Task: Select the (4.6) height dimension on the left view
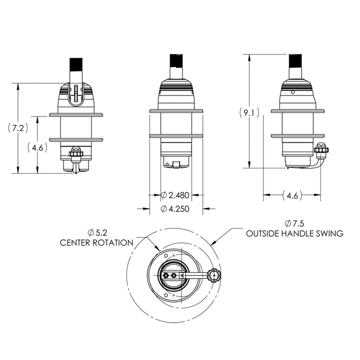[x=37, y=147]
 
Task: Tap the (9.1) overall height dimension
[x=249, y=113]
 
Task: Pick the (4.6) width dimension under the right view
[x=292, y=195]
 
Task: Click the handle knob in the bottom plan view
[x=215, y=275]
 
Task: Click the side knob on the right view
[x=321, y=149]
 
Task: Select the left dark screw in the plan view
[x=166, y=275]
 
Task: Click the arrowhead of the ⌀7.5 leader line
[x=215, y=242]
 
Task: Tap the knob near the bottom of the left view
[x=76, y=153]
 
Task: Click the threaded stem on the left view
[x=76, y=65]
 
